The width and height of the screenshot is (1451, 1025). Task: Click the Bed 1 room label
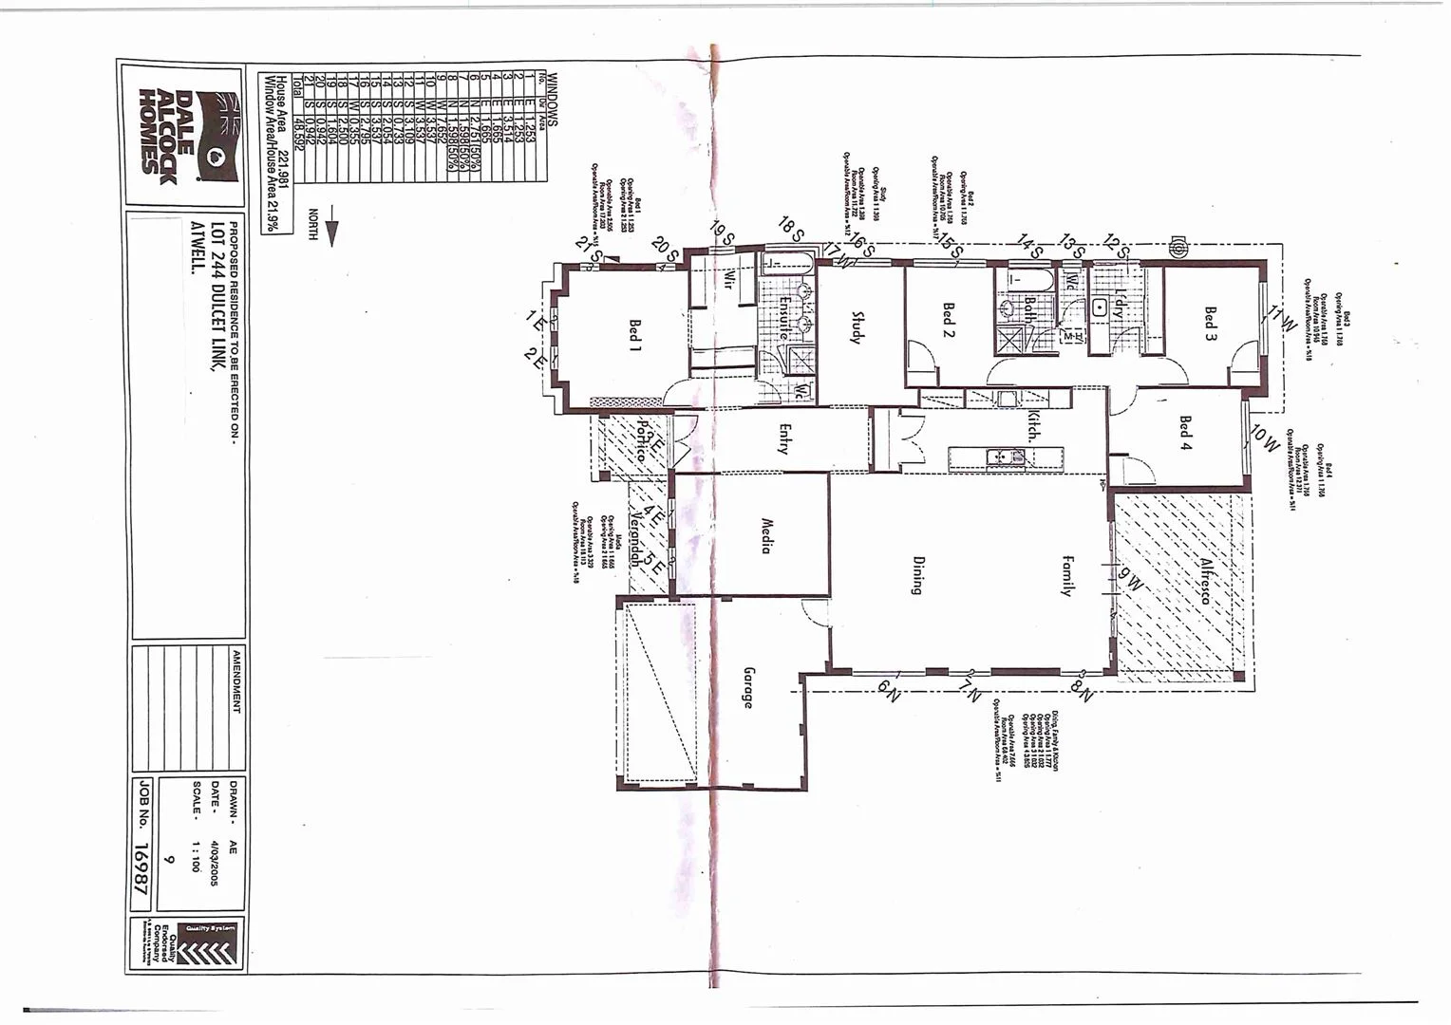point(633,336)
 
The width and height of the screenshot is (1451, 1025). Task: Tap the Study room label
point(857,328)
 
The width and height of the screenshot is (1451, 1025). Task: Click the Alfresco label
point(1207,582)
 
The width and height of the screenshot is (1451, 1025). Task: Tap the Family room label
point(1067,575)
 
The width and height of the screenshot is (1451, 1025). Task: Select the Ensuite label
point(784,319)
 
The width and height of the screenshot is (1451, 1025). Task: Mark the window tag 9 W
point(1130,578)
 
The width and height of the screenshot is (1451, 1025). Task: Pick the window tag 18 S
point(791,228)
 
